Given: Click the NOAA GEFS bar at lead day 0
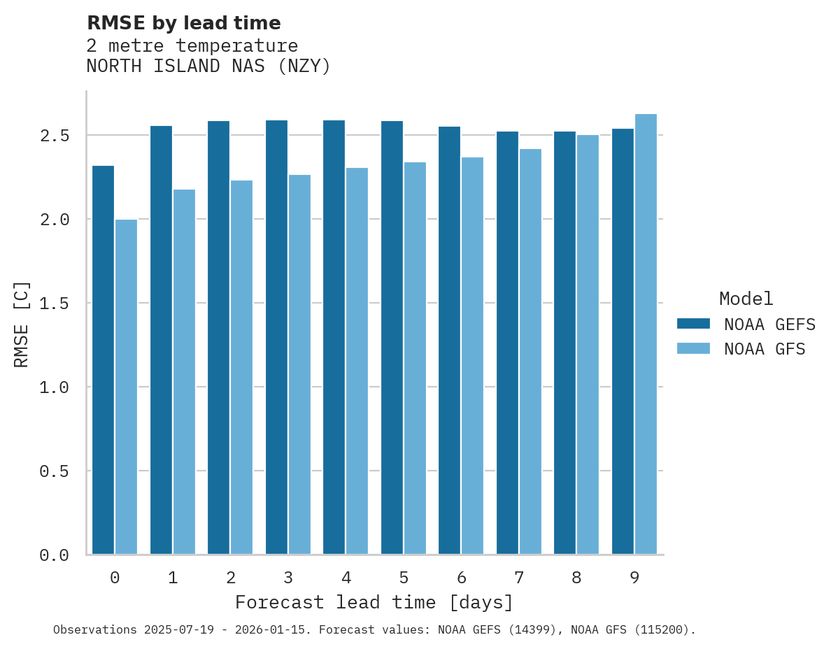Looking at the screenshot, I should [103, 360].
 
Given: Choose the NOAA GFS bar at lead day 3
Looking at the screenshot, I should [299, 364].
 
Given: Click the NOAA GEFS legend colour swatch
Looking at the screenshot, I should [693, 324].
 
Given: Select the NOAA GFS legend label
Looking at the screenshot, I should [765, 349].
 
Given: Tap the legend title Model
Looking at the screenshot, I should [746, 299].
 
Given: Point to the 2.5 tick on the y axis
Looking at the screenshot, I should [55, 135].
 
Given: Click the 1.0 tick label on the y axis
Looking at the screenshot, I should [55, 387].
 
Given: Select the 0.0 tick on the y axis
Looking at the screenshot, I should [55, 555].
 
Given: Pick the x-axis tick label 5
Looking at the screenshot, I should [404, 578].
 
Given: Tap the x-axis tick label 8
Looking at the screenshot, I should [576, 578].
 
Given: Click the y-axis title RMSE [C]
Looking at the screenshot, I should [22, 324].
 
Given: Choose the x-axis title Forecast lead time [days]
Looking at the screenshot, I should [374, 602].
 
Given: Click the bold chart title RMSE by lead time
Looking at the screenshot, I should [183, 23].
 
